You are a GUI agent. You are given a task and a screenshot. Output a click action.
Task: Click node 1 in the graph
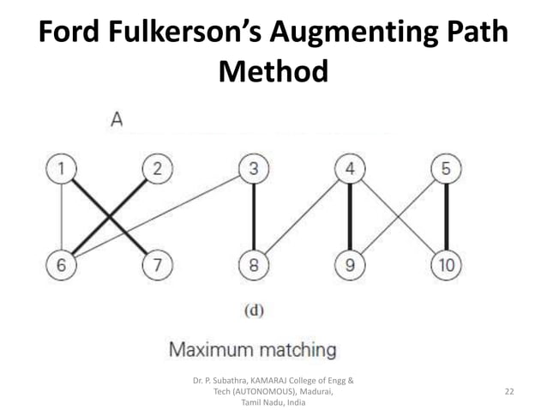[60, 168]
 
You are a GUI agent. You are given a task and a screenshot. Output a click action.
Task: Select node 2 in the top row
[156, 168]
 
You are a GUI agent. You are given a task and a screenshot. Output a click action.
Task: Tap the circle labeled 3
[253, 168]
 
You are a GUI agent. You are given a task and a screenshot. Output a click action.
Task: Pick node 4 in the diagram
[350, 168]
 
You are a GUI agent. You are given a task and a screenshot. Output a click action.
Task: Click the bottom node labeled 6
[60, 264]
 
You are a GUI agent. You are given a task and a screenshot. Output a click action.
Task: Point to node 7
[156, 264]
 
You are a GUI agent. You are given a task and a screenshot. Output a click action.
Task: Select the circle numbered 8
[253, 264]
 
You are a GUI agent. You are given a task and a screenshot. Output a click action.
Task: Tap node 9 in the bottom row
[350, 264]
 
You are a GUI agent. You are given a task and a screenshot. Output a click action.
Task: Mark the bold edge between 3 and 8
[253, 216]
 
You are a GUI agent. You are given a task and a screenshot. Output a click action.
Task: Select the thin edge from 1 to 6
[60, 216]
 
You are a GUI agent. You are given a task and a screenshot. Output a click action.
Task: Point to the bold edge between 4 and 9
[350, 216]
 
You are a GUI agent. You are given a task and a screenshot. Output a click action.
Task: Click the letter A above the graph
[117, 122]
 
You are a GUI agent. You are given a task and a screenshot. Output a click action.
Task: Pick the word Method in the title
[273, 71]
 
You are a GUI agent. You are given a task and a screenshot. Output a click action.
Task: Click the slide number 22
[509, 391]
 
